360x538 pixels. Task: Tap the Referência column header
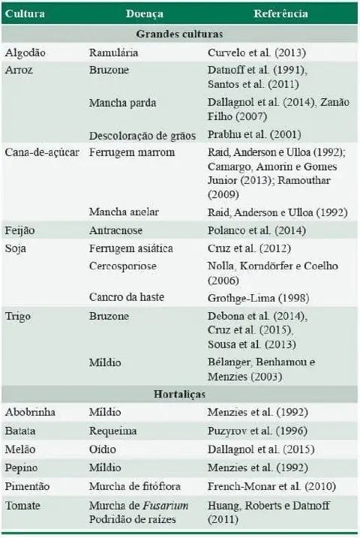tap(280, 14)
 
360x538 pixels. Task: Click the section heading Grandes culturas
tap(179, 34)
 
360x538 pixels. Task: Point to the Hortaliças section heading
tap(179, 392)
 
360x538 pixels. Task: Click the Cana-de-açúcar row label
tap(42, 152)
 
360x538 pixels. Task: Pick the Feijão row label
tap(20, 230)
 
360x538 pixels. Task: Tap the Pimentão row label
tap(27, 486)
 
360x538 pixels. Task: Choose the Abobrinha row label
tap(30, 412)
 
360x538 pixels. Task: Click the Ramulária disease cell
tap(113, 53)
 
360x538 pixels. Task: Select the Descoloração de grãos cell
tap(142, 135)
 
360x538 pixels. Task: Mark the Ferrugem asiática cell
tap(130, 248)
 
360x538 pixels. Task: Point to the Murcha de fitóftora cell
tap(136, 486)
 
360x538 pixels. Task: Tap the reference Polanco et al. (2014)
tap(254, 230)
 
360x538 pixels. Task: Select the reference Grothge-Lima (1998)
tap(256, 297)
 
